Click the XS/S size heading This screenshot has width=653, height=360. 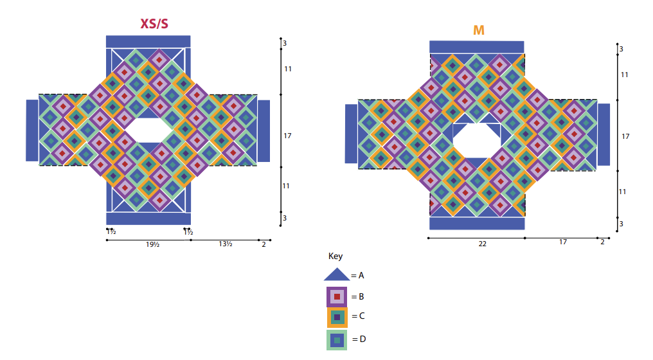(154, 23)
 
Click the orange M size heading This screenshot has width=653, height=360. (479, 30)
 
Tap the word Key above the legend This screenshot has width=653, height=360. (335, 256)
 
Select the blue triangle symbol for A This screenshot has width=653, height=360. (337, 274)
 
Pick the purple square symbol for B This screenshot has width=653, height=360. (337, 296)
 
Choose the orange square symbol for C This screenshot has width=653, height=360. (337, 317)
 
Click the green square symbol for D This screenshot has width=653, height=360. (337, 339)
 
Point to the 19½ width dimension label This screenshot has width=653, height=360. (152, 244)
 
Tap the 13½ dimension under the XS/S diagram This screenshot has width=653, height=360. (226, 244)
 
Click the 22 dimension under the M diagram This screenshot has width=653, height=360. (482, 244)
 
